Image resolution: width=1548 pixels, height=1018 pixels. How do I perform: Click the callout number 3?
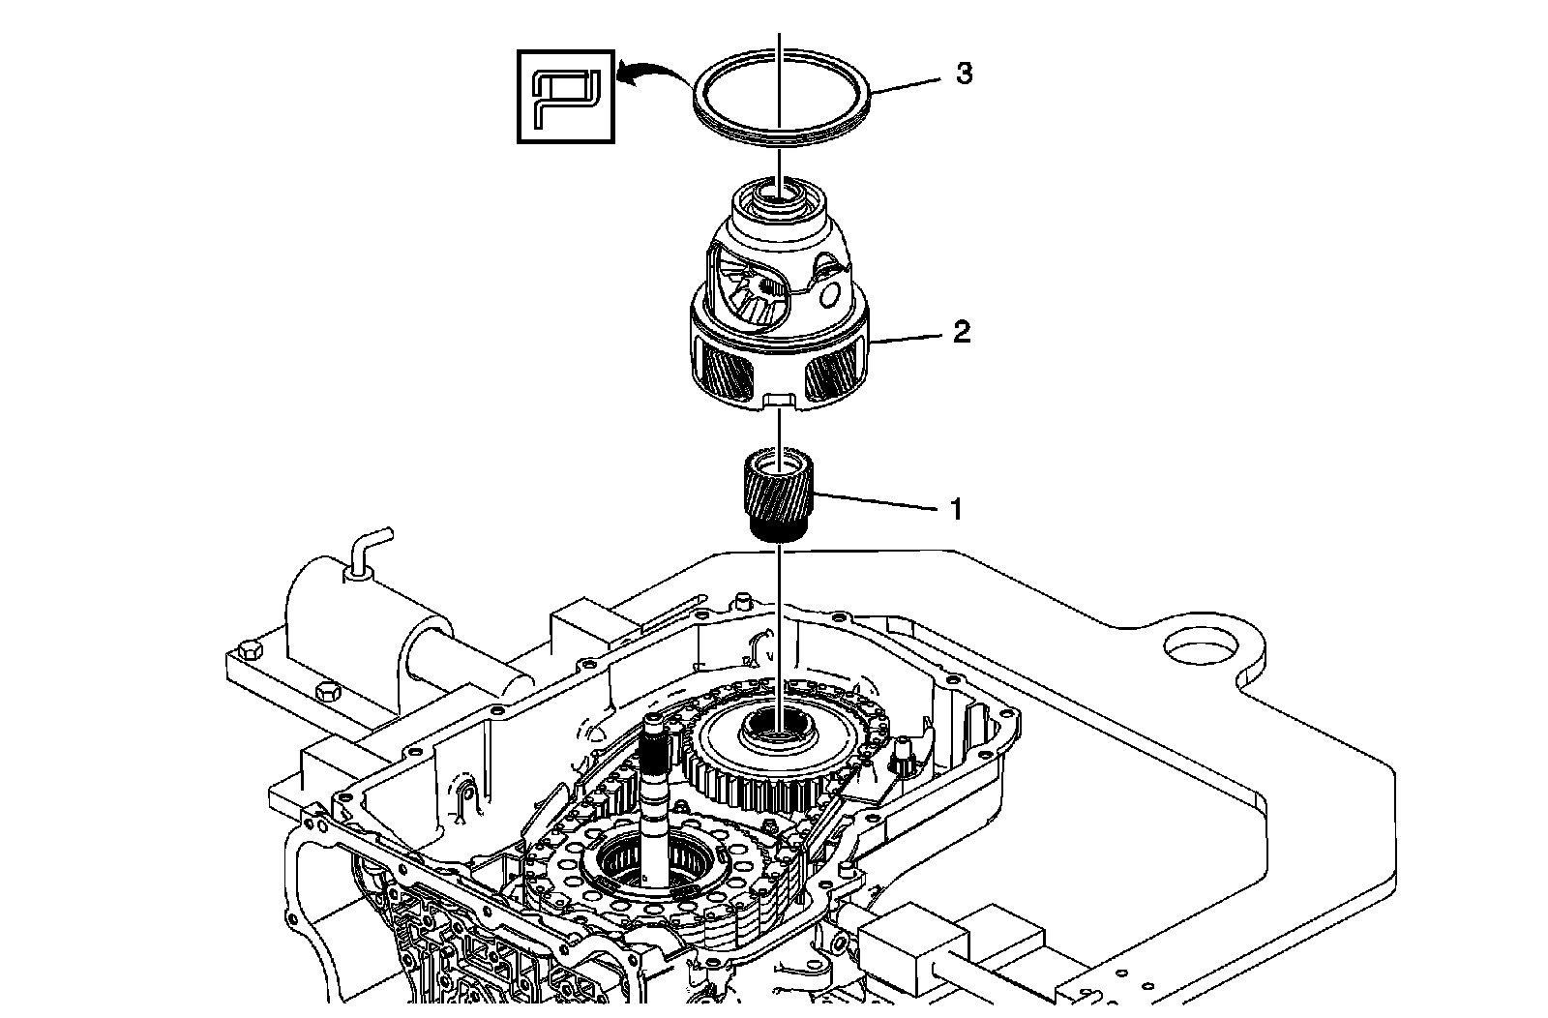coord(964,74)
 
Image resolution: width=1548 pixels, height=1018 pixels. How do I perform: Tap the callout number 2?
coord(961,333)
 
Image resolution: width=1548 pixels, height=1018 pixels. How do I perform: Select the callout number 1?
coord(955,509)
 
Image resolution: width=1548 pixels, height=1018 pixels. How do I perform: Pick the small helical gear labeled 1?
coord(780,494)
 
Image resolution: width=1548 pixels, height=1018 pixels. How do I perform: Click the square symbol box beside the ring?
coord(566,97)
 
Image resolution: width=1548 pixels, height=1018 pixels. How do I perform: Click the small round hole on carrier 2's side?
coord(830,293)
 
